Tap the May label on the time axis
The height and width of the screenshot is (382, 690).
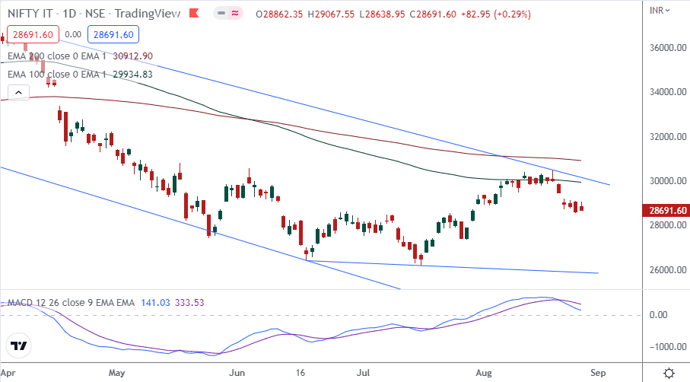(116, 374)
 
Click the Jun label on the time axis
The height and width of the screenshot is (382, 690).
(238, 374)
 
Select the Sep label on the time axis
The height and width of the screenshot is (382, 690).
(598, 374)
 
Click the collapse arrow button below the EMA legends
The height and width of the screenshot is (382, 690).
(18, 93)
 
